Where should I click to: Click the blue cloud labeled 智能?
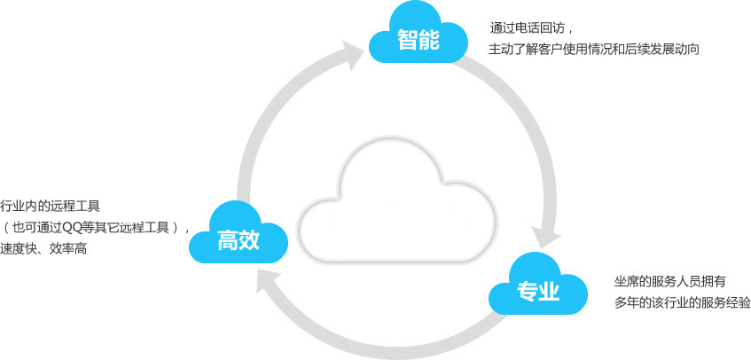tap(419, 38)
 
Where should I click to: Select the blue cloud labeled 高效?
tap(239, 237)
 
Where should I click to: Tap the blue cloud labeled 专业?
tap(537, 288)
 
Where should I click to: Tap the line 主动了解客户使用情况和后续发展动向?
tap(593, 49)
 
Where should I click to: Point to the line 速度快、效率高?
tap(44, 249)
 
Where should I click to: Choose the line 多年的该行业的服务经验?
tap(682, 303)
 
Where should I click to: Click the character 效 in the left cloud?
tap(249, 240)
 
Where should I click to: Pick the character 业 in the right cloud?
tap(549, 291)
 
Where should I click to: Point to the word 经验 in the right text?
tap(738, 303)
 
